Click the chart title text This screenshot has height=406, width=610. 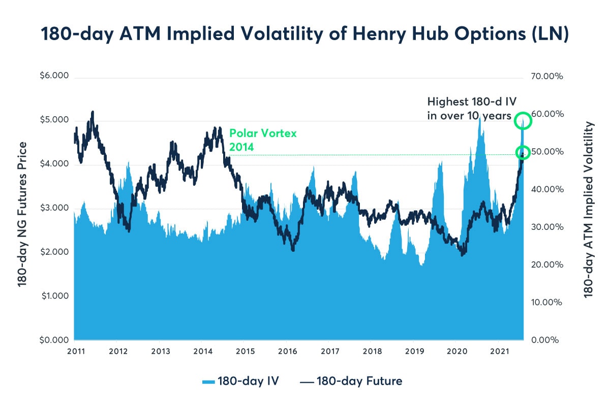click(304, 35)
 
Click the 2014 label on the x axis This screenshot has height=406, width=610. click(203, 351)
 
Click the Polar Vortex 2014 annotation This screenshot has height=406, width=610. click(262, 140)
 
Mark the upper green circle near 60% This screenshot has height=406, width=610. click(523, 121)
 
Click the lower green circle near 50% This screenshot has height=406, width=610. click(523, 152)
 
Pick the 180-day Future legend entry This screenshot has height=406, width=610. click(353, 381)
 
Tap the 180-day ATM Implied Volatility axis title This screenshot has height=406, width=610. click(589, 209)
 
